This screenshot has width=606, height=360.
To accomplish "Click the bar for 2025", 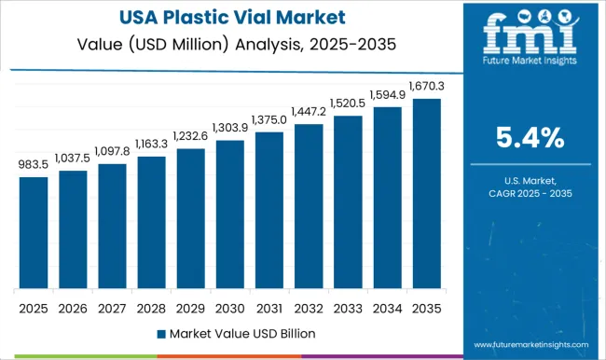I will [x=33, y=232].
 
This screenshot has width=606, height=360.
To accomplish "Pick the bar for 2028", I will [x=150, y=223].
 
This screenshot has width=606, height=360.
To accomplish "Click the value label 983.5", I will [x=33, y=165].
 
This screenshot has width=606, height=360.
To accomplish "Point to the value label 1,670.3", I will [x=425, y=86].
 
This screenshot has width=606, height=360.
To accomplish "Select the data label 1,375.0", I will [x=269, y=119].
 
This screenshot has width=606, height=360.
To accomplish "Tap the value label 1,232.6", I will [x=189, y=137].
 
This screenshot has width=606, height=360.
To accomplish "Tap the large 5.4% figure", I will [x=529, y=140].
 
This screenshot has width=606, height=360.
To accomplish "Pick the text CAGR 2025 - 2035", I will [x=529, y=192].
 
